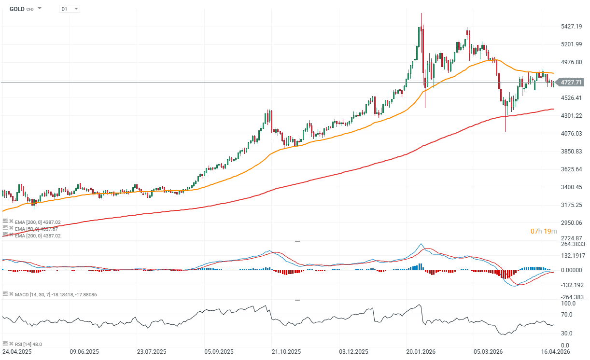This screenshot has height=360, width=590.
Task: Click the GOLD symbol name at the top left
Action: (16, 9)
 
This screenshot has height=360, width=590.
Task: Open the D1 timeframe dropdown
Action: (70, 9)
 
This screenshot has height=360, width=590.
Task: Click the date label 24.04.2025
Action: (17, 352)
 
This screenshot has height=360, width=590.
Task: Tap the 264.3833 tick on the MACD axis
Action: (573, 244)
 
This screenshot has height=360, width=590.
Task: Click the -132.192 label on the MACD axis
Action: (572, 284)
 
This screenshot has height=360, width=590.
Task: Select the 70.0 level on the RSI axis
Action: (567, 315)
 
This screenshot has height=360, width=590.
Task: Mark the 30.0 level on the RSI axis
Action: (567, 333)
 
